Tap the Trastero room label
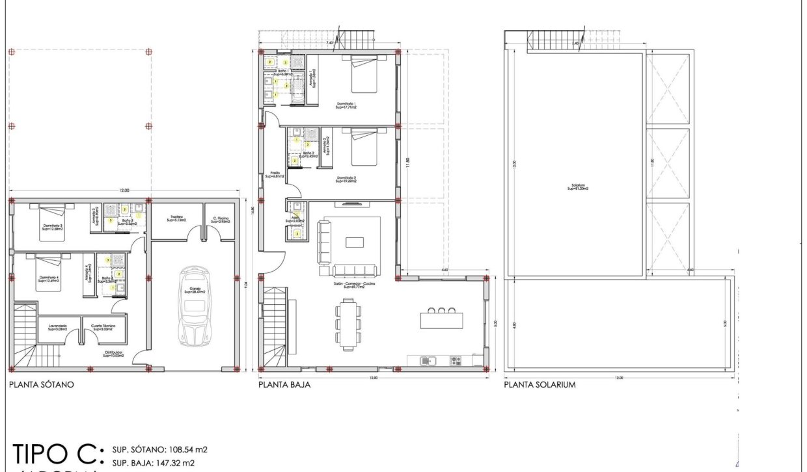[176, 218]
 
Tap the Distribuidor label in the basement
[113, 354]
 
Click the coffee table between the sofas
[355, 243]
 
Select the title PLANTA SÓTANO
[41, 385]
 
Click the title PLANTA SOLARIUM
[540, 385]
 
